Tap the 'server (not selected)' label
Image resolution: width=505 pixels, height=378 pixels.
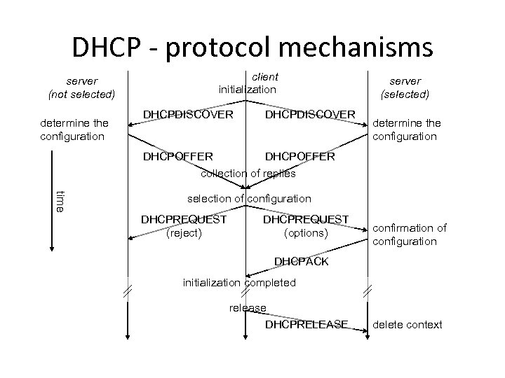coord(81,87)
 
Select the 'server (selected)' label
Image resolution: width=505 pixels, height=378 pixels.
coord(405,87)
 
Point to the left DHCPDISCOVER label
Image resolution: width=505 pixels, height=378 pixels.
coord(188,113)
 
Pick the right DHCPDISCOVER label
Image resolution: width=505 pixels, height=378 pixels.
coord(310,113)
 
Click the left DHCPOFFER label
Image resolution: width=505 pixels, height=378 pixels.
coord(179,157)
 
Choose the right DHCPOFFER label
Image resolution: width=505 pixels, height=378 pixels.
coord(299,157)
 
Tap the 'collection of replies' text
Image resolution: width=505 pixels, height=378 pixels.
coord(248,173)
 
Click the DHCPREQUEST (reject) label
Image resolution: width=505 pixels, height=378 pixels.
coord(184,225)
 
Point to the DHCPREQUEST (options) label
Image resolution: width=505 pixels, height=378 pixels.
coord(305,225)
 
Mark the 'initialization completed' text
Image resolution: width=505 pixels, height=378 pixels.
coord(239,283)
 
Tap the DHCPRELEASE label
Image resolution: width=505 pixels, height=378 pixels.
coord(307,324)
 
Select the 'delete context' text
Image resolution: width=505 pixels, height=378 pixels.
coord(408,324)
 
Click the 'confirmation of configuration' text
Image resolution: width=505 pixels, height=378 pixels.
coord(409,234)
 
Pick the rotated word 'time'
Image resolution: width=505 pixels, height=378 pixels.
coord(60,201)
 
